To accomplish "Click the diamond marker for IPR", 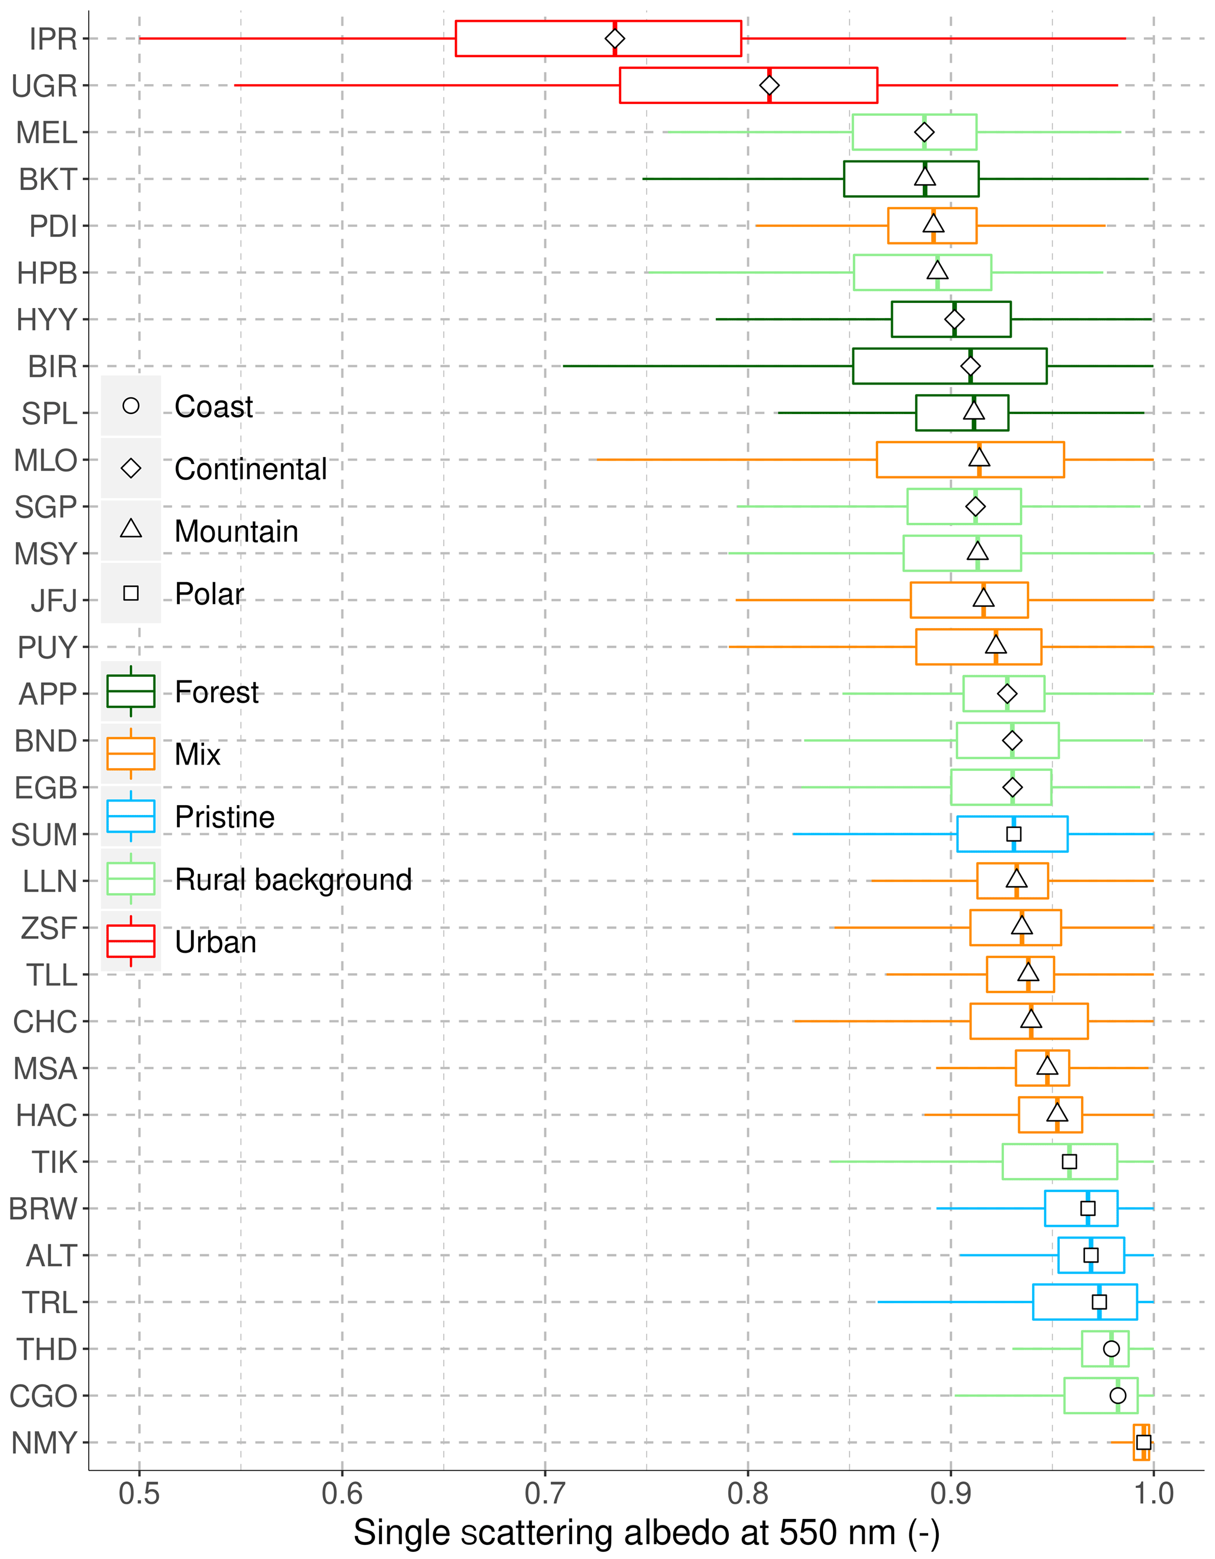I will pos(614,39).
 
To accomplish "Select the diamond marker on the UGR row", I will pos(769,86).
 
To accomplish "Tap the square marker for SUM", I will pos(1014,834).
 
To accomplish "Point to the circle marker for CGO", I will pos(1118,1396).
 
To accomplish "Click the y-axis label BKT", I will pos(48,179).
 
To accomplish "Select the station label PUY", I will pos(47,647).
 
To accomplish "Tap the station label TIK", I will pos(53,1162).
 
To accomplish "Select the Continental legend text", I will pos(250,469).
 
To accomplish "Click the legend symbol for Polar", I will pos(130,593).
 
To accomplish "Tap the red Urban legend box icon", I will pos(130,942).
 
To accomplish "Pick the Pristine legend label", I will pos(225,817).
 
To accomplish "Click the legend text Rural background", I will pos(293,879).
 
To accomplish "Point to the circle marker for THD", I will pos(1111,1348).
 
